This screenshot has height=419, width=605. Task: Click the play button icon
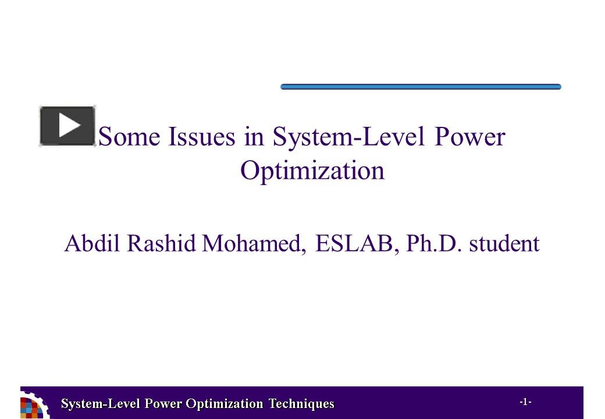coord(67,126)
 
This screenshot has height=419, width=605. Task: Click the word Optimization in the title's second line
coord(312,171)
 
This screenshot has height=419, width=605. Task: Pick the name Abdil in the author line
coord(92,244)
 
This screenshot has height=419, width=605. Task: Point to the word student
coord(504,244)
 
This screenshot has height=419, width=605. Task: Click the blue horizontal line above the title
coord(421,87)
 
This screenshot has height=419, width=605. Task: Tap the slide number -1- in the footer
coord(525,402)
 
